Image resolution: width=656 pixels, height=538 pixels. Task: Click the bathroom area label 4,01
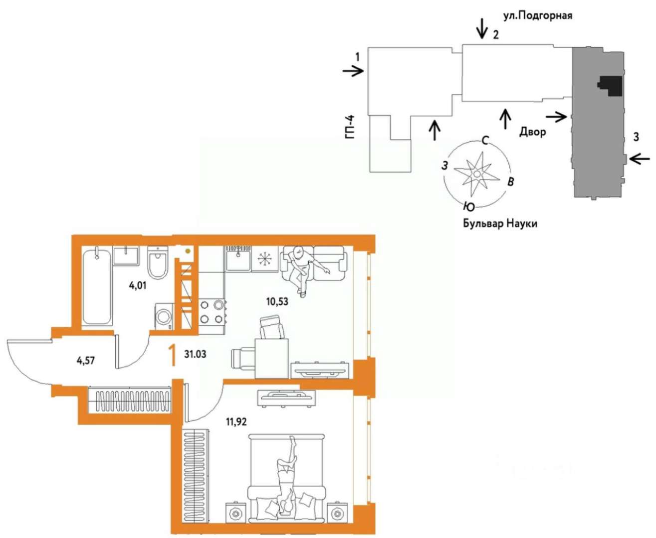pos(138,285)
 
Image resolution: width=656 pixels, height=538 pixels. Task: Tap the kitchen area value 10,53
pos(277,301)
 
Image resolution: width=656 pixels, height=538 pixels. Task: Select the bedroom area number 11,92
pos(236,422)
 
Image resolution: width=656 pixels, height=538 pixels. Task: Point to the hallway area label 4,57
pos(85,361)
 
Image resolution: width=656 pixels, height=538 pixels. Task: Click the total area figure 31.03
pos(195,354)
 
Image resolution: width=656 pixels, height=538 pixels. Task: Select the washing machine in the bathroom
pos(164,316)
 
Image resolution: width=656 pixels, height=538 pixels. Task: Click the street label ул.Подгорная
pos(538,15)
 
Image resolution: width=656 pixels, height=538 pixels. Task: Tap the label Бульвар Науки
pos(500,223)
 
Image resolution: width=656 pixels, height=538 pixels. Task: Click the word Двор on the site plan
pos(532,132)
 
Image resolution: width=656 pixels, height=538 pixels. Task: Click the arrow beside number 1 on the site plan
pos(353,71)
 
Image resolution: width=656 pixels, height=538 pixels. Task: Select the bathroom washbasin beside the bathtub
pos(126,256)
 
